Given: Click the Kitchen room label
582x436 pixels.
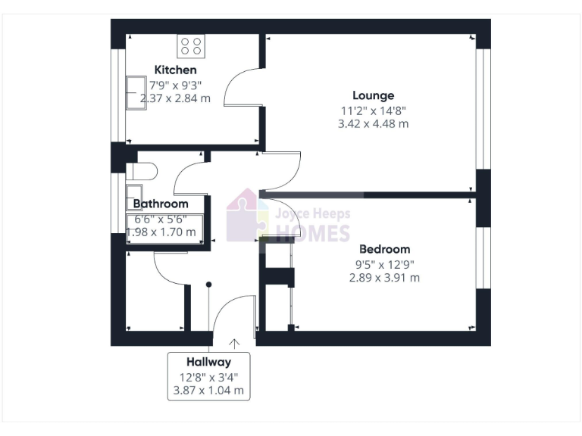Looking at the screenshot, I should pyautogui.click(x=175, y=70).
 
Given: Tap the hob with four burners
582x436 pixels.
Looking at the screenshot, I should pyautogui.click(x=190, y=46).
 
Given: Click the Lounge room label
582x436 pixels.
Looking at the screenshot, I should pyautogui.click(x=373, y=95).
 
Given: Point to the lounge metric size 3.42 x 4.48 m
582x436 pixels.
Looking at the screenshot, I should pyautogui.click(x=373, y=123).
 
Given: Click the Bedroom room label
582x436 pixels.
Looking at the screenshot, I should pyautogui.click(x=384, y=249).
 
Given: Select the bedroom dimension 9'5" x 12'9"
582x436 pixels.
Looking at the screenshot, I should pyautogui.click(x=384, y=264).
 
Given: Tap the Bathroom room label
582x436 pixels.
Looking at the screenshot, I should pyautogui.click(x=161, y=204).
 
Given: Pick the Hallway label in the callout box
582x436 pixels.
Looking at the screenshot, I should pyautogui.click(x=208, y=362).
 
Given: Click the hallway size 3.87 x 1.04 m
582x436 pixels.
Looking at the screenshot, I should pyautogui.click(x=208, y=391).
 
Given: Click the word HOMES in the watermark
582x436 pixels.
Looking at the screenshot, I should pyautogui.click(x=311, y=233).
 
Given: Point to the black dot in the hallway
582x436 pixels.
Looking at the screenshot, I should pyautogui.click(x=209, y=285).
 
